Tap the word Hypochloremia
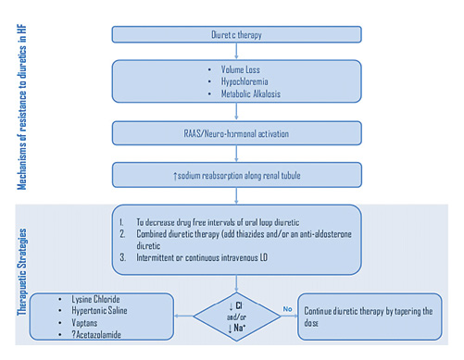tap(245, 83)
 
